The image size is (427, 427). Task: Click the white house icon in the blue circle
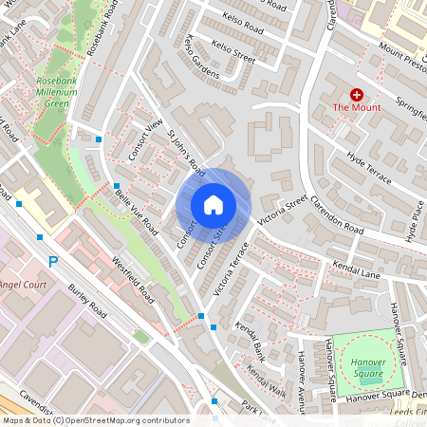coord(213,205)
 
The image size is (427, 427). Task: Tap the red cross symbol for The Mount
coord(357,95)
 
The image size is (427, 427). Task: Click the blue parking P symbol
coord(53,261)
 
